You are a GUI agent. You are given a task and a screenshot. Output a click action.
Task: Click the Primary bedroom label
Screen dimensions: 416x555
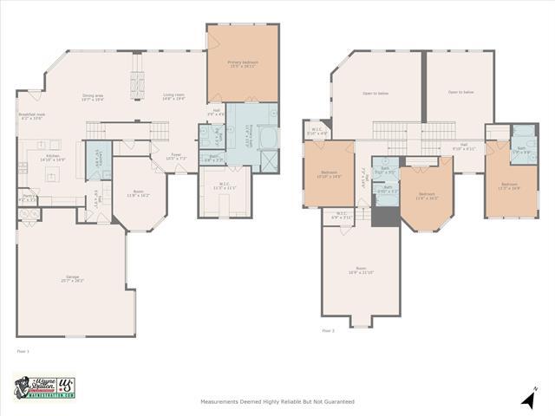coord(242,64)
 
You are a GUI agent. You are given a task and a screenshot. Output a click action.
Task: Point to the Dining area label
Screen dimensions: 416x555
coord(93,98)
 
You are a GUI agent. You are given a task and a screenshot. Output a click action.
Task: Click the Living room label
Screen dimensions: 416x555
coord(173,98)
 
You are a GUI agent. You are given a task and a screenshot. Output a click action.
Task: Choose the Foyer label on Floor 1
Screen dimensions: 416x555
coord(176,157)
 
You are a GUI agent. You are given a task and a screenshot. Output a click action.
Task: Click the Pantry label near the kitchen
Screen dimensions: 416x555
coord(28,199)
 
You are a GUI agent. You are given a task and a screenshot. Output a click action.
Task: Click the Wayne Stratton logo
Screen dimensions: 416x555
coord(44,387)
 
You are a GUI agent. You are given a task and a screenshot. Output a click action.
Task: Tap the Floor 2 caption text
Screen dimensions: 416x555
coord(328,330)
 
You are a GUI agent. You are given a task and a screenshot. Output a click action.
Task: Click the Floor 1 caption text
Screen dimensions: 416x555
coord(23,351)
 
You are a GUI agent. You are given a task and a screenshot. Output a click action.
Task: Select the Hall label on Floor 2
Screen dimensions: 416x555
coord(464,146)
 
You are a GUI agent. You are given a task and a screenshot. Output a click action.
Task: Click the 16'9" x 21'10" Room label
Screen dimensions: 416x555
coord(361,270)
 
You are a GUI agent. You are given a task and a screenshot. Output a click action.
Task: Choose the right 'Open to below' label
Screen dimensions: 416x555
coord(460,92)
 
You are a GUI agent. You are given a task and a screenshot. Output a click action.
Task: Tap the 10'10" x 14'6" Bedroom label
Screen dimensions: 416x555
coord(330,173)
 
